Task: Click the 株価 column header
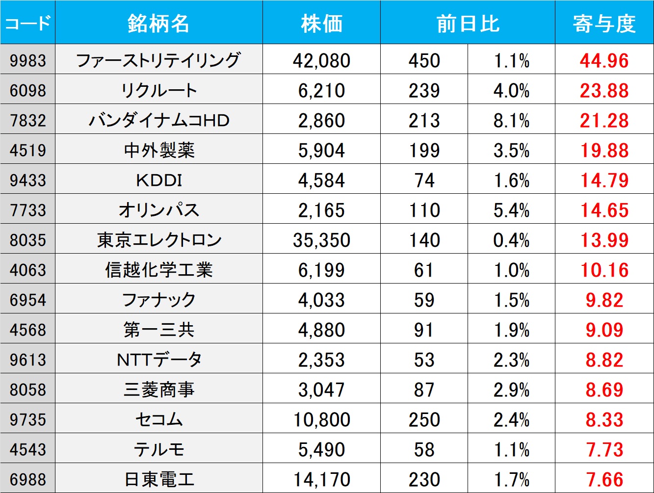click(x=321, y=23)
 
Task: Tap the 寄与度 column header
click(x=604, y=23)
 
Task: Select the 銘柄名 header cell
click(x=158, y=23)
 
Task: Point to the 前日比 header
click(x=468, y=23)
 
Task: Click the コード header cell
click(x=27, y=23)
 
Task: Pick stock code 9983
click(x=27, y=60)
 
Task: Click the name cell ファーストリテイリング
click(x=158, y=60)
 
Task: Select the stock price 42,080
click(x=321, y=60)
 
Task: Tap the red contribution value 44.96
click(x=604, y=60)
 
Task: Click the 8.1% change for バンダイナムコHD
click(x=511, y=120)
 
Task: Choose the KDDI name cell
click(x=158, y=180)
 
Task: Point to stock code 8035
click(x=27, y=240)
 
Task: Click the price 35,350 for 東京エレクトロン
click(x=321, y=240)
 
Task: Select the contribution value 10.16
click(x=604, y=270)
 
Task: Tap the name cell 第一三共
click(x=158, y=330)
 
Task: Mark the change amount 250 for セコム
click(x=424, y=419)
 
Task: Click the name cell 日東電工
click(x=158, y=479)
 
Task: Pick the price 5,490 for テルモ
click(x=321, y=449)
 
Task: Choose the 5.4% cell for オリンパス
click(x=511, y=210)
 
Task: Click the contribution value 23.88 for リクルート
click(x=604, y=90)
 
